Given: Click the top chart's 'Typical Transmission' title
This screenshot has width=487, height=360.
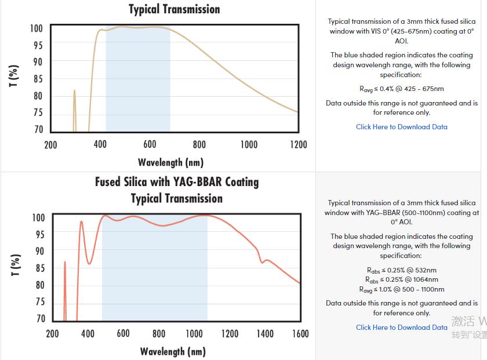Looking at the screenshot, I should pos(174,9).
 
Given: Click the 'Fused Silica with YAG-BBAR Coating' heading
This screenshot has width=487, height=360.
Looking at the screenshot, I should pos(177,182).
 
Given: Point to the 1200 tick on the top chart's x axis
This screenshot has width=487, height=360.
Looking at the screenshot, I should pos(298,144).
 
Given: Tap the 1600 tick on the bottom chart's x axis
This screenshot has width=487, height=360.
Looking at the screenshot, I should pos(300,333).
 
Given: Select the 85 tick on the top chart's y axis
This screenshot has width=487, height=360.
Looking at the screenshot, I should pos(36,79).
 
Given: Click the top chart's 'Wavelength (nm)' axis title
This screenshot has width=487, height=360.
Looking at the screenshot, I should pos(170,162).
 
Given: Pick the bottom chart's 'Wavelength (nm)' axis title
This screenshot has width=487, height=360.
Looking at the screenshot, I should pos(172,351).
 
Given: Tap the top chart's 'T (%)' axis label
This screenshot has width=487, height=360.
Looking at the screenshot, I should pos(14,76).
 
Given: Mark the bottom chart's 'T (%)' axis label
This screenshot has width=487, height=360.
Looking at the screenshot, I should pos(16,265).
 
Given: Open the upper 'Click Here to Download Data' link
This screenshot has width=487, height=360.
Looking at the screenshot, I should pos(401,127).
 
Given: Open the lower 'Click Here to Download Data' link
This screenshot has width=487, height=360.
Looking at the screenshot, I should pos(401,328).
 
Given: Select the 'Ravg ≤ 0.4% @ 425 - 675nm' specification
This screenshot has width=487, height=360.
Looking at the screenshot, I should pos(401,89).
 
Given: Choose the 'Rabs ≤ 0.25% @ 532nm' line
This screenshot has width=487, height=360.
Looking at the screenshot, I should pos(401,270).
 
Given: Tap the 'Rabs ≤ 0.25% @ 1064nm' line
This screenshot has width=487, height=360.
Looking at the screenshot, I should pos(401,279).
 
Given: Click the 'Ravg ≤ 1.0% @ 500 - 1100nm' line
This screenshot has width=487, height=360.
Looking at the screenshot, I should pos(401,289).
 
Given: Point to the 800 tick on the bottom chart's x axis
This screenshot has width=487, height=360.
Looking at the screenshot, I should pos(159,333).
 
